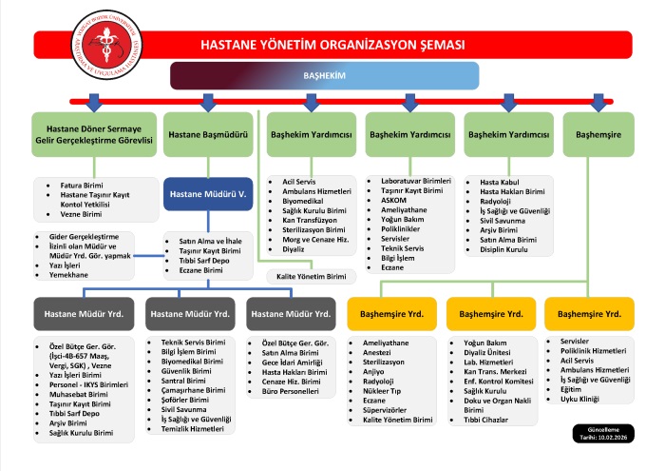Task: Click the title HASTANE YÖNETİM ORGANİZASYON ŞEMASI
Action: click(x=332, y=45)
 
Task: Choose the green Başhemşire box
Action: click(x=598, y=135)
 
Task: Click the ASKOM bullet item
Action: click(x=393, y=200)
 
